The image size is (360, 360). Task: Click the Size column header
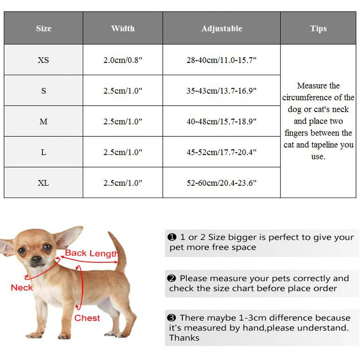[x=44, y=28]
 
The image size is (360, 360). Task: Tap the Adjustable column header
[x=221, y=28]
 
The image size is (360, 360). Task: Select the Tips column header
[x=318, y=28]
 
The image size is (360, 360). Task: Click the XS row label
[x=44, y=60]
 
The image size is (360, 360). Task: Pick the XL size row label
[x=44, y=183]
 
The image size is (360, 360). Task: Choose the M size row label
[x=44, y=121]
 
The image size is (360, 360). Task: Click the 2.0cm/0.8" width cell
[x=123, y=60]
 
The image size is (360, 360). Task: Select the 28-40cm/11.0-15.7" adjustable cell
[x=221, y=60]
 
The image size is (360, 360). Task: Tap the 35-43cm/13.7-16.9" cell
[x=221, y=90]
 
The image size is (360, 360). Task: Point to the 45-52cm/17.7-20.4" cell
[x=221, y=152]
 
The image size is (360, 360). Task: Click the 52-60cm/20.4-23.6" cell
[x=221, y=183]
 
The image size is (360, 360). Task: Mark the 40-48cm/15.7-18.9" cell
[x=221, y=121]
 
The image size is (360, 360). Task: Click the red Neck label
[x=22, y=288]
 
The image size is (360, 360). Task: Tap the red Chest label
[x=87, y=318]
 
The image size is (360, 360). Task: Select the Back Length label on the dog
[x=91, y=253]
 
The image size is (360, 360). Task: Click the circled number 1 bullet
[x=171, y=237]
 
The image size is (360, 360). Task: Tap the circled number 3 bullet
[x=171, y=318]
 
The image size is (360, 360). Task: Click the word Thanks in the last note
[x=184, y=338]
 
